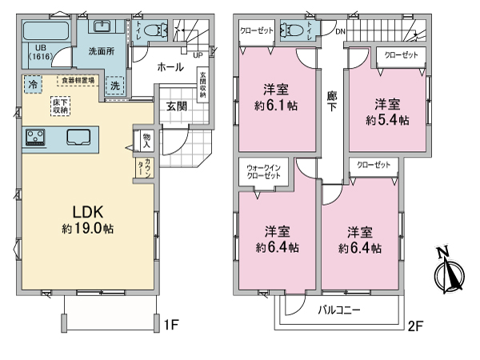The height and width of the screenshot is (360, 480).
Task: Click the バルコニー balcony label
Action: coord(339,309)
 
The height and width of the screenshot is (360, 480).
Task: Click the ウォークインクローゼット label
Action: coord(263,172)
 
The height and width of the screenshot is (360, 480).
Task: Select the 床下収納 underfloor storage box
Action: coord(62,105)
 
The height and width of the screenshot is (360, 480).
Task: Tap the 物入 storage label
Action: coord(146,140)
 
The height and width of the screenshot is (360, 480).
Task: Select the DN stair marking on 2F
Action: coord(340,32)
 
